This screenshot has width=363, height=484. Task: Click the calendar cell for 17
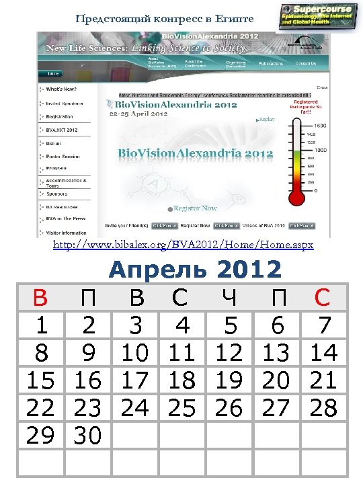click(135, 380)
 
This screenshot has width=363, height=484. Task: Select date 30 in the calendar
click(87, 436)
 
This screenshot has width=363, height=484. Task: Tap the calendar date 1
click(40, 325)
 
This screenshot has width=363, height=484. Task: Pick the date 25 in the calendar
click(182, 408)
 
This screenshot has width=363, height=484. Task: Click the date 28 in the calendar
click(324, 408)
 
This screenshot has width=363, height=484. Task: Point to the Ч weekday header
click(229, 298)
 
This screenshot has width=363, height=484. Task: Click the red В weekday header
click(40, 298)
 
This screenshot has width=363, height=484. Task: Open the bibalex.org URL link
click(183, 245)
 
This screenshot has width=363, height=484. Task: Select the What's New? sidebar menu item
click(61, 89)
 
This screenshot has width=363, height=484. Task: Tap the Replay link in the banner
click(267, 119)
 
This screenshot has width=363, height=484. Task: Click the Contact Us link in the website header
click(305, 64)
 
